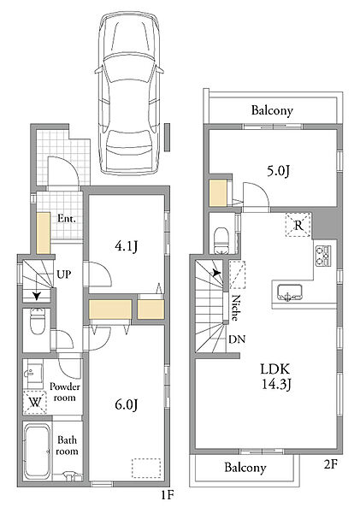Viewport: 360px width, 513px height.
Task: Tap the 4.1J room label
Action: click(x=126, y=246)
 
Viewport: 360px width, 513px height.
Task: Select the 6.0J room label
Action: click(x=126, y=404)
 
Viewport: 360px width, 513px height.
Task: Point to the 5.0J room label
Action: click(x=278, y=171)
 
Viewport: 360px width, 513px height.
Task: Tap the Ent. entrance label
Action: click(x=67, y=219)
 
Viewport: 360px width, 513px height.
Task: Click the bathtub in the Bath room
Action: click(x=38, y=451)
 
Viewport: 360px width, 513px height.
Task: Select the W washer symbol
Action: click(x=35, y=403)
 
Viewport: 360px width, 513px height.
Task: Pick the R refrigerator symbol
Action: click(x=298, y=225)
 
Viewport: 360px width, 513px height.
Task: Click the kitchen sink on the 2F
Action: click(x=289, y=292)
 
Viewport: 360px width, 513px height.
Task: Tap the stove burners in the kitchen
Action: click(x=322, y=255)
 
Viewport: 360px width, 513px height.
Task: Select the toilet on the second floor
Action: click(x=221, y=240)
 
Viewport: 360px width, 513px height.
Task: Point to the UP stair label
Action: click(x=64, y=274)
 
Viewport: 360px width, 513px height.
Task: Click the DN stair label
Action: click(x=237, y=339)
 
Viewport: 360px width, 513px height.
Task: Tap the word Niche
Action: click(x=234, y=308)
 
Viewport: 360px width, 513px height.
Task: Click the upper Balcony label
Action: click(x=272, y=110)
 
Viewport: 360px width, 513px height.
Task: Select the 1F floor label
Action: click(x=167, y=495)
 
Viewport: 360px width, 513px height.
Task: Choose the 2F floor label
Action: click(x=331, y=464)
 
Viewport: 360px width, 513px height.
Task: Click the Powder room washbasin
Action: click(x=32, y=374)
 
